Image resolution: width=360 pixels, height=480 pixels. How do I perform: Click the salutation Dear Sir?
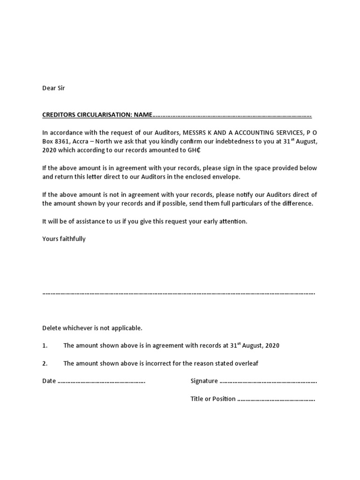click(53, 88)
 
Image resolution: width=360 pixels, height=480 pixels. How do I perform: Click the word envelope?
click(227, 177)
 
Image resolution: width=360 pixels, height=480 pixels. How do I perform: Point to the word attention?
click(232, 221)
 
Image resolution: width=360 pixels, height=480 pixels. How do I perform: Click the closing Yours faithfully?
click(64, 239)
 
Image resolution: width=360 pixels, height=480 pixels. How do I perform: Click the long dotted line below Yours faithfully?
click(179, 293)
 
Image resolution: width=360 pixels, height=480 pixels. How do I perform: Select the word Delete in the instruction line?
click(52, 328)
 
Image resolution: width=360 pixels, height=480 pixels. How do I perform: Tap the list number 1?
click(45, 345)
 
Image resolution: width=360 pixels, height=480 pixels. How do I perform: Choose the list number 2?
click(45, 363)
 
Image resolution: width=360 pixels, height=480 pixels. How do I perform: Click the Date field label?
click(49, 381)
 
